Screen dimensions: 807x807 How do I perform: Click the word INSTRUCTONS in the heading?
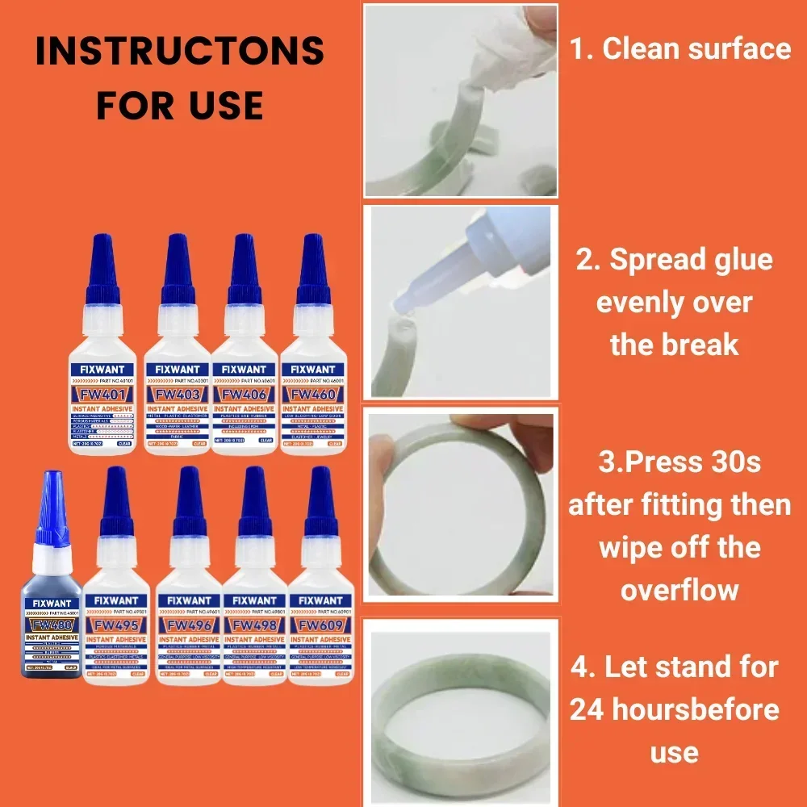click(x=180, y=52)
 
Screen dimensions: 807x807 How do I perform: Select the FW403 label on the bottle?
click(x=177, y=395)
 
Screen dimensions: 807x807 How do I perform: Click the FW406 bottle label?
click(x=245, y=395)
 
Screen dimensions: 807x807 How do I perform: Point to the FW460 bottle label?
click(x=312, y=395)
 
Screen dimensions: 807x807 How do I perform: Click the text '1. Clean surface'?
click(x=680, y=48)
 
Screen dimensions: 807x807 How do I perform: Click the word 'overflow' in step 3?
click(x=679, y=589)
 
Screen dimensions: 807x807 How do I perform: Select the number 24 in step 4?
click(x=589, y=709)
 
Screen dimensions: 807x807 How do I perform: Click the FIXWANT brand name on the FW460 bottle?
click(x=312, y=370)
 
